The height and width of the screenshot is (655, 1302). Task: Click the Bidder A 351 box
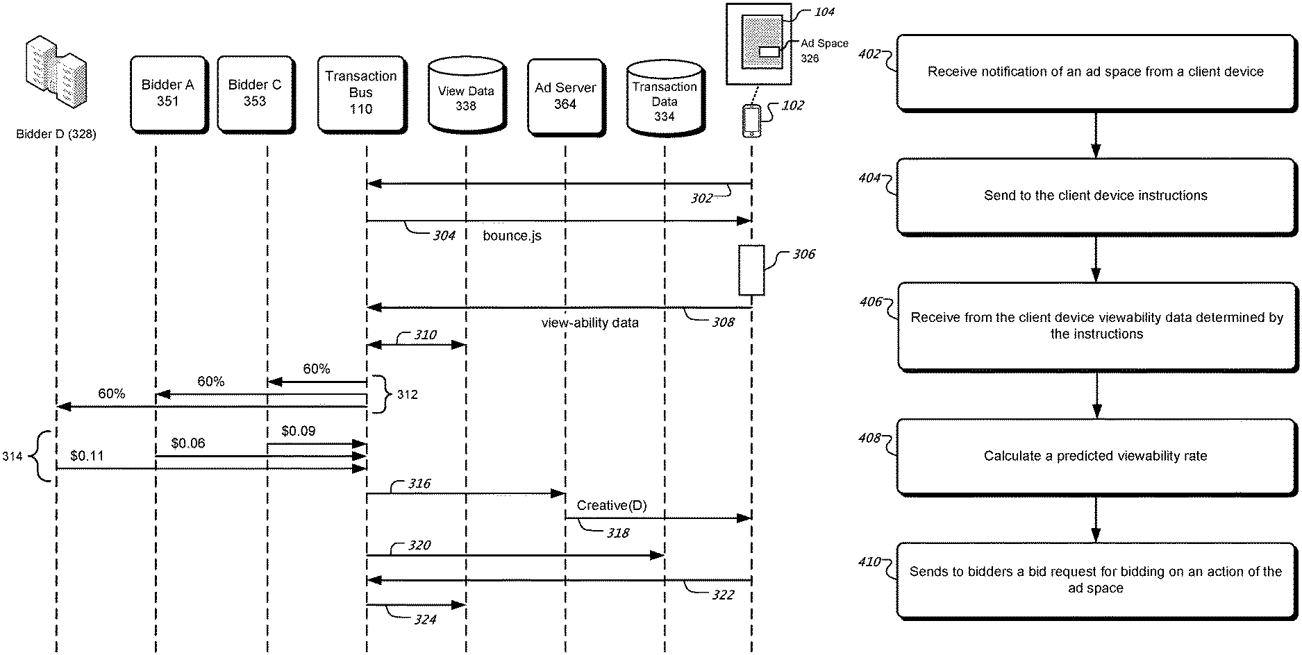[x=169, y=94]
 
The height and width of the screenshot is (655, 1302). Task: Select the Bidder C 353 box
[x=256, y=94]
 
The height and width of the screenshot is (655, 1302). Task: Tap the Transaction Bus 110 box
[x=362, y=94]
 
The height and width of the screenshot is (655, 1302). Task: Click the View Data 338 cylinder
[x=466, y=96]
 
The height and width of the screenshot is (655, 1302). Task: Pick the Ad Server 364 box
[x=566, y=96]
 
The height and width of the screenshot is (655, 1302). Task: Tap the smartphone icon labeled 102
[x=751, y=121]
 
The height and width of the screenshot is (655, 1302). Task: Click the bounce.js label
[x=512, y=236]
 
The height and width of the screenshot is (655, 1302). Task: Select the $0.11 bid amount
[x=87, y=455]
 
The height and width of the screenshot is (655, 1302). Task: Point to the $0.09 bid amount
[x=299, y=431]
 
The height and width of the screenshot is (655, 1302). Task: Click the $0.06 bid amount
[x=188, y=443]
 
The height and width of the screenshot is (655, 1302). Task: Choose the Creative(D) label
[x=612, y=506]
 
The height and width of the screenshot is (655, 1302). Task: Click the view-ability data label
[x=590, y=323]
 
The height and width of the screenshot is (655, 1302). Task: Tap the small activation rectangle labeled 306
[x=751, y=270]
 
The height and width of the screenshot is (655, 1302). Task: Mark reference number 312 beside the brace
[x=407, y=394]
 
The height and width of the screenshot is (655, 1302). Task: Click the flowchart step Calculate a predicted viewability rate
[x=1096, y=456]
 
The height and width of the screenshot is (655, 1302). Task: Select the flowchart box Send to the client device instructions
[x=1096, y=196]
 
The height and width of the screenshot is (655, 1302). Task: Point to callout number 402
[x=869, y=53]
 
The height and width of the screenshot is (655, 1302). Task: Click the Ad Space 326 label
[x=824, y=51]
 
